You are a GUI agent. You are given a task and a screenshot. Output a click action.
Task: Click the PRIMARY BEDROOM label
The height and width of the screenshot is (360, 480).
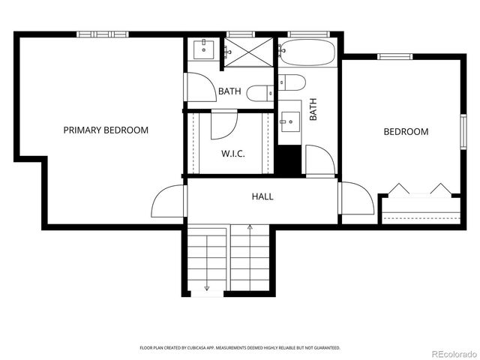106,130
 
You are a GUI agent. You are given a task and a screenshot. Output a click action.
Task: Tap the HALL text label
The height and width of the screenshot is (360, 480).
262,196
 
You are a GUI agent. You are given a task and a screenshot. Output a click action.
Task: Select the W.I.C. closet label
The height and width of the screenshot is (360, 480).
233,154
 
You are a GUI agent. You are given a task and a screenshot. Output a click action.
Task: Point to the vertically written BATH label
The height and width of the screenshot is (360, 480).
313,110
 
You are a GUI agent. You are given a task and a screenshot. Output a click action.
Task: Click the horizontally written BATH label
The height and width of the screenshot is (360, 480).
229,92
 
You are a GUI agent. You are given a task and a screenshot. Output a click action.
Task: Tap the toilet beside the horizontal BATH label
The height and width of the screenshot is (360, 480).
262,93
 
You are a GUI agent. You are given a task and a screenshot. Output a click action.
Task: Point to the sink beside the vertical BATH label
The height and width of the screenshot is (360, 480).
289,121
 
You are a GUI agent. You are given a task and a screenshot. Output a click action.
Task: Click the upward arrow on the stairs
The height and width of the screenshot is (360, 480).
250,226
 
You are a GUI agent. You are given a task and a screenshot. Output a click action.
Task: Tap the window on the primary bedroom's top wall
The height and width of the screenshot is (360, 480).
103,34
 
